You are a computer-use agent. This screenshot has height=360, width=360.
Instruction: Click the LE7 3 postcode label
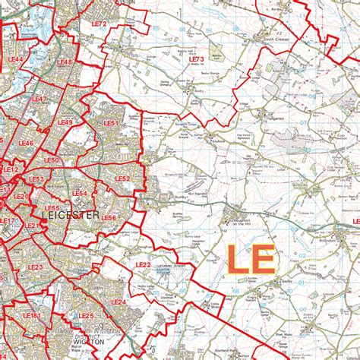pos(196,58)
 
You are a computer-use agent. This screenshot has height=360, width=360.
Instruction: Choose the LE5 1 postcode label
pos(111,122)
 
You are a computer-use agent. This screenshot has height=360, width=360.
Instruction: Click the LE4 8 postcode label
pos(65,62)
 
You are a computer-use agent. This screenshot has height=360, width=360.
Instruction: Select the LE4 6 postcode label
pos(25,142)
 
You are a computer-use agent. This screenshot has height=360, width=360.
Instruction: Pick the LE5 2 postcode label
pos(122,178)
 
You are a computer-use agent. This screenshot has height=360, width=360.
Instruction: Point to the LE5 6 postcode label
pos(109,218)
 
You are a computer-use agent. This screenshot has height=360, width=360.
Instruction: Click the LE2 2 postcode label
pos(143,264)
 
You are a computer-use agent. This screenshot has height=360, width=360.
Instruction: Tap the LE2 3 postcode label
pos(35,267)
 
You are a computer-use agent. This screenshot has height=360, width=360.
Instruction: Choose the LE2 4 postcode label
pos(118,302)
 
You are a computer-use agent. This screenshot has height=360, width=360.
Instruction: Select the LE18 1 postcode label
pos(31,315)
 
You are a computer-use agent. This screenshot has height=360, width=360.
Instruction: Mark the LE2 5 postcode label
pos(85,315)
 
